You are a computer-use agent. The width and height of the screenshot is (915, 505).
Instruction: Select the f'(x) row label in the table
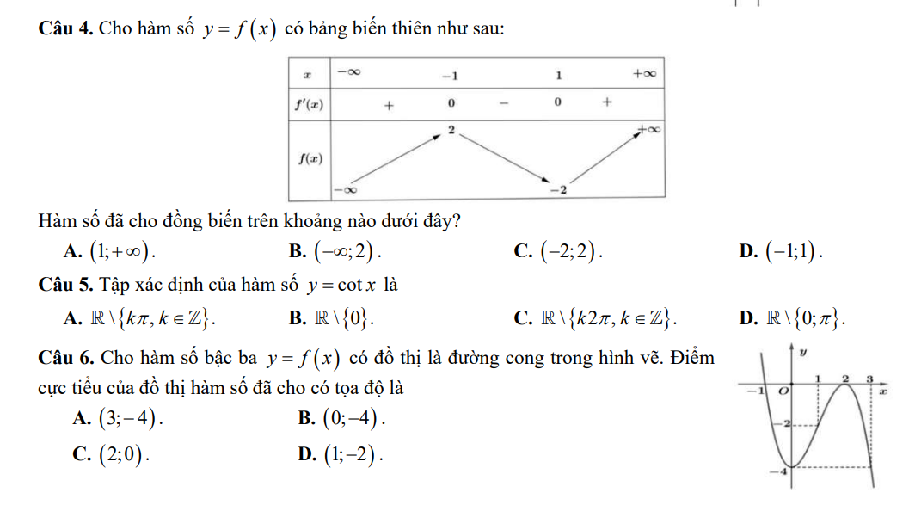pos(307,105)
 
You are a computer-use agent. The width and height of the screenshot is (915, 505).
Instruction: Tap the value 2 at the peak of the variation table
pos(450,129)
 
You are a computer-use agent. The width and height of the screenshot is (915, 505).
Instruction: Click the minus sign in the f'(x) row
pos(504,104)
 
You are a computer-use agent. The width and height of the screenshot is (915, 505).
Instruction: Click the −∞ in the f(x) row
pos(346,188)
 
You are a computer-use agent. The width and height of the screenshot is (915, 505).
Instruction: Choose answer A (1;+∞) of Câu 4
pos(117,250)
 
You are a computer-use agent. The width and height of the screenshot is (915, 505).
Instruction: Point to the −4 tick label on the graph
pos(782,472)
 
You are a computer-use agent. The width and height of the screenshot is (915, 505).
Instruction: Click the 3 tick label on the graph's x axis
pos(870,379)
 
